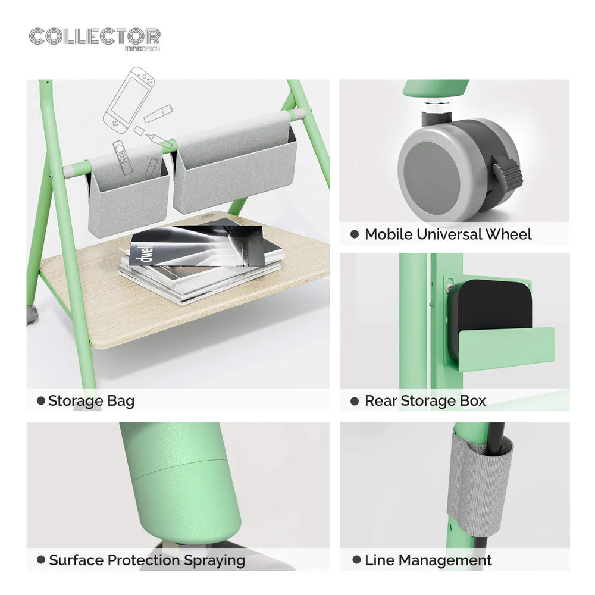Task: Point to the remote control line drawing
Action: point(121,156)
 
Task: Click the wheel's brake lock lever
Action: point(508,173)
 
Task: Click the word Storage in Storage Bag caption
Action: point(76,401)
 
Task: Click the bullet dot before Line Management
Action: point(356,560)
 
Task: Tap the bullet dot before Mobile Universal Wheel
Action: point(355,234)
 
